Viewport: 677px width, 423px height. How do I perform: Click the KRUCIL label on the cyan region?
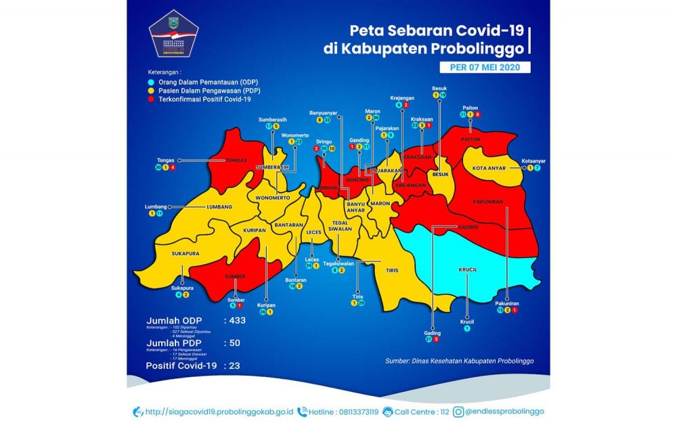[468, 269]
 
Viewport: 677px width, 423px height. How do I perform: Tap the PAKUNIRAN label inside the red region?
[487, 201]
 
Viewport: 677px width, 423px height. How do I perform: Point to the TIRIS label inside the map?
[391, 270]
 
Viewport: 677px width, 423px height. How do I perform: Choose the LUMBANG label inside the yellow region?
[219, 206]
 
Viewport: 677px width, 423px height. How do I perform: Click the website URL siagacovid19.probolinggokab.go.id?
[217, 411]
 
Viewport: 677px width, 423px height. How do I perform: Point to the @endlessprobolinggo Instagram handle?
[505, 411]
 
